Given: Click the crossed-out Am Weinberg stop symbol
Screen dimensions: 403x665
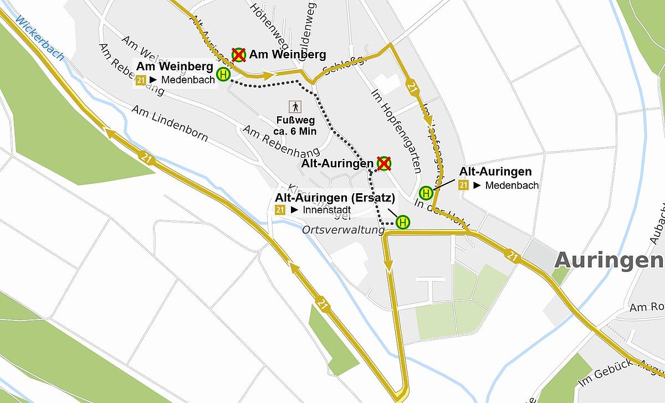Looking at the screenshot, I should [239, 55].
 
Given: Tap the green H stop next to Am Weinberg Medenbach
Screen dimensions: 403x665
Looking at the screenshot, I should [223, 74].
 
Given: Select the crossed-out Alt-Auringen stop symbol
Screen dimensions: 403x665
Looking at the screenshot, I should [383, 163].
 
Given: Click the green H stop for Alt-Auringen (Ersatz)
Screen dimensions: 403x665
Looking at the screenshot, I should [403, 223].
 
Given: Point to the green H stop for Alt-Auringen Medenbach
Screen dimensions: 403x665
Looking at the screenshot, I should [426, 193].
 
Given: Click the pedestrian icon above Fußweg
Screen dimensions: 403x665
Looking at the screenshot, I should [295, 107].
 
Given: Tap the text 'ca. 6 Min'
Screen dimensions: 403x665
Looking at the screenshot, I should [295, 131].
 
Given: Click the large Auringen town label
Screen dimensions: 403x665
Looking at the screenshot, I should [608, 260].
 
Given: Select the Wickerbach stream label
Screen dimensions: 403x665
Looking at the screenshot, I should [40, 38].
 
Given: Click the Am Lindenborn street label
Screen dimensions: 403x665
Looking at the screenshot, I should [170, 123].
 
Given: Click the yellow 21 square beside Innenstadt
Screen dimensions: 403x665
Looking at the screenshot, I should [280, 210].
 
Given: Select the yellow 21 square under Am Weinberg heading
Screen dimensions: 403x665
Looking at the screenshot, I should [140, 80].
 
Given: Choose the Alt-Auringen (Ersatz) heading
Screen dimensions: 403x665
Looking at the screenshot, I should [335, 198].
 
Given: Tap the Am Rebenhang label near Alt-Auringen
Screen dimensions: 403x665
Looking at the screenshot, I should [282, 141].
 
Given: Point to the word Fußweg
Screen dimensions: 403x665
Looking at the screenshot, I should [295, 120].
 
